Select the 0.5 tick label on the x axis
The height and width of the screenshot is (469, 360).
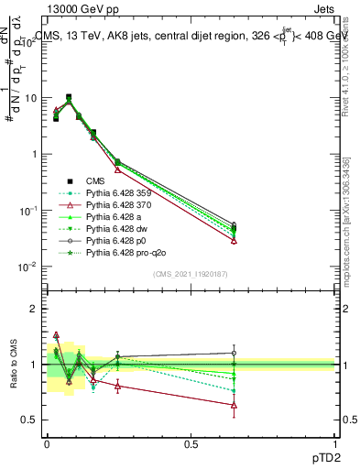pos(191,444)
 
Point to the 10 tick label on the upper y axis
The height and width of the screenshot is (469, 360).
pos(30,97)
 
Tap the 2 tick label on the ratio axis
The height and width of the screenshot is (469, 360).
pos(35,309)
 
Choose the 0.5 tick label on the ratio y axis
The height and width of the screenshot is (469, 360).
pos(30,420)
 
